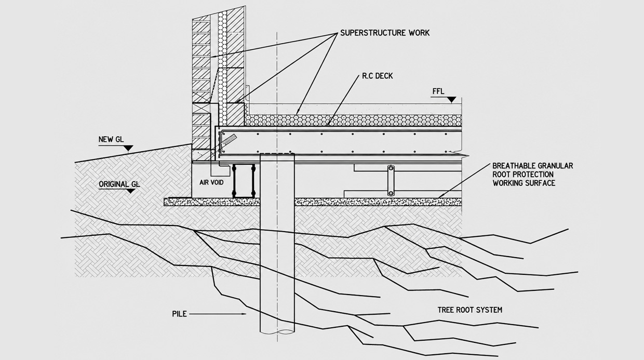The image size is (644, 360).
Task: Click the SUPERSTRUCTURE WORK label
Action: pyautogui.click(x=385, y=33)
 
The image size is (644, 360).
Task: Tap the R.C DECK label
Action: pyautogui.click(x=377, y=76)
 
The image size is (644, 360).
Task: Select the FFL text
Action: pyautogui.click(x=438, y=91)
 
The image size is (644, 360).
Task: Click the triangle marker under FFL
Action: pyautogui.click(x=452, y=100)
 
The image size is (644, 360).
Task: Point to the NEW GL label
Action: pyautogui.click(x=111, y=139)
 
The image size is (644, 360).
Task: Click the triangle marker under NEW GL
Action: pyautogui.click(x=128, y=149)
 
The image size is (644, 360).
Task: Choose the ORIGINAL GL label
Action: pyautogui.click(x=119, y=184)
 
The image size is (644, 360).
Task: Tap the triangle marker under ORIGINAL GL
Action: pyautogui.click(x=131, y=191)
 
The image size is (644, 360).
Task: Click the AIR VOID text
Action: pyautogui.click(x=211, y=182)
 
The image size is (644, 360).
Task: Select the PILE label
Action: pyautogui.click(x=179, y=314)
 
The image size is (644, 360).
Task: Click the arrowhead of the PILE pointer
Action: pyautogui.click(x=245, y=314)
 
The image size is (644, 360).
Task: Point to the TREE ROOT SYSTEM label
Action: pyautogui.click(x=470, y=310)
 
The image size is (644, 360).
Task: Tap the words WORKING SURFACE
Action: pyautogui.click(x=524, y=183)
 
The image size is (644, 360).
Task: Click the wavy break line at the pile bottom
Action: pyautogui.click(x=277, y=332)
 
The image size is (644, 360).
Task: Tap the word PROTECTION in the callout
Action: pyautogui.click(x=533, y=175)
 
